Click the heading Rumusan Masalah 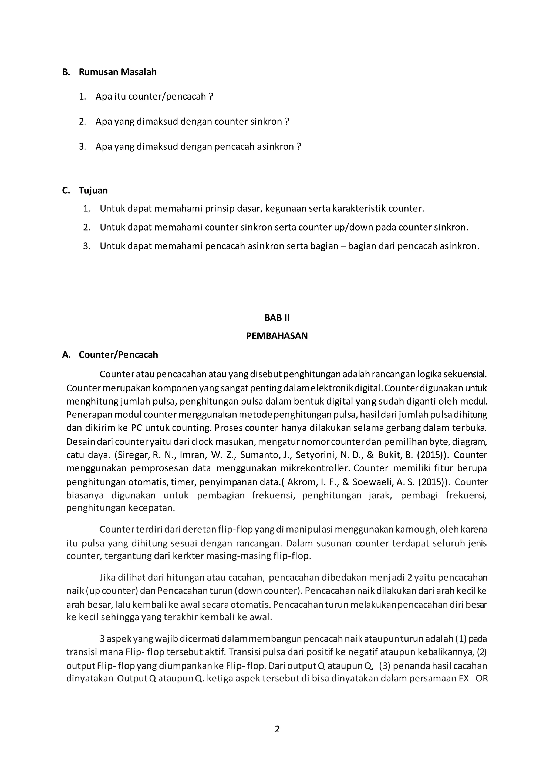pos(117,72)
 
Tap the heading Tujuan pos(93,190)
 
